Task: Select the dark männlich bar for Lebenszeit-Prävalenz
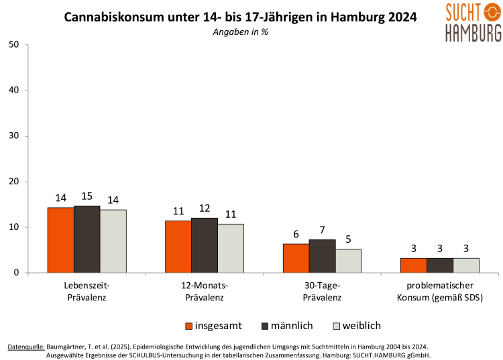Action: [87, 239]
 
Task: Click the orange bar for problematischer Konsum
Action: [413, 265]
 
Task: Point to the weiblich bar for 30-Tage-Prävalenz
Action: [348, 261]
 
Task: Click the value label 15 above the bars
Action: [87, 196]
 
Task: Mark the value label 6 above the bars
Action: [296, 235]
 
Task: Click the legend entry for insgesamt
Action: [213, 326]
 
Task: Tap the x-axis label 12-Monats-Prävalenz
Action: [205, 292]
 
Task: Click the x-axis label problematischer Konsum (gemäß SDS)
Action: [440, 292]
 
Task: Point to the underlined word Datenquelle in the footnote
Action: [26, 347]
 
